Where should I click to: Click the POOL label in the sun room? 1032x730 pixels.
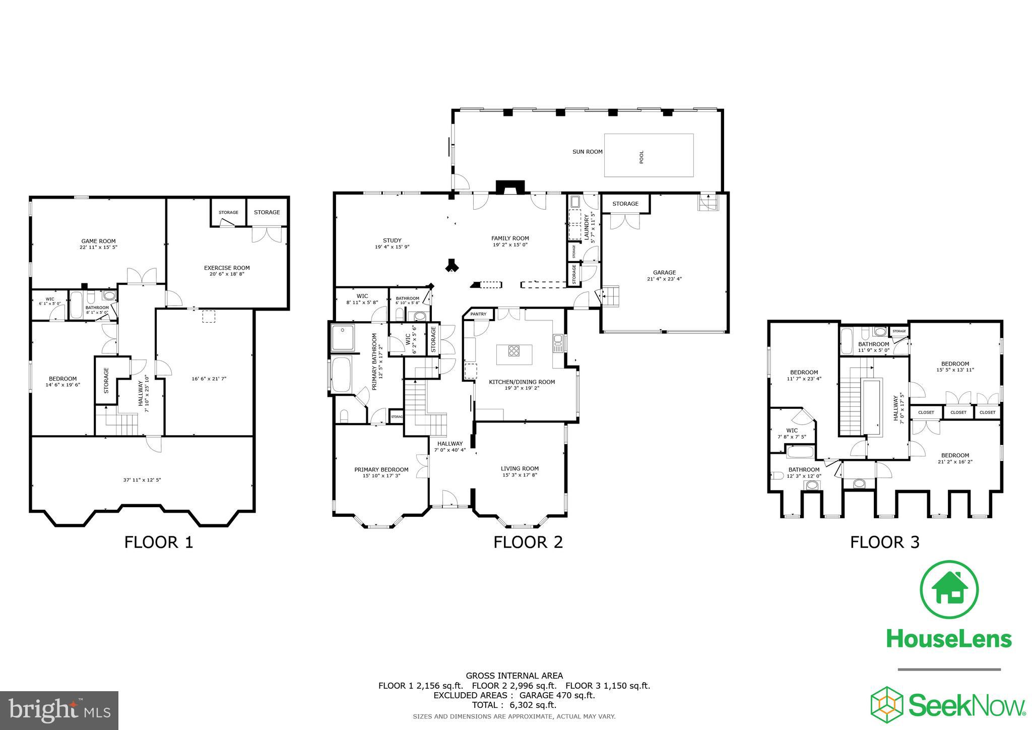tap(641, 157)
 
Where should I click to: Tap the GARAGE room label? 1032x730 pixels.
tap(664, 272)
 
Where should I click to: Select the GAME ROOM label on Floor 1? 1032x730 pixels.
tap(98, 241)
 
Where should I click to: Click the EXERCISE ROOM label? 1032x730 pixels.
tap(227, 268)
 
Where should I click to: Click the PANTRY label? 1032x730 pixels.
tap(478, 314)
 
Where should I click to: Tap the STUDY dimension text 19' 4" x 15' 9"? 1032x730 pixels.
tap(392, 247)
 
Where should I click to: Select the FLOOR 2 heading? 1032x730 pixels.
tap(528, 542)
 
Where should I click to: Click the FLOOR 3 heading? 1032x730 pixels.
tap(884, 542)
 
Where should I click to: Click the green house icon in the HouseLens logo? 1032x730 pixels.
tap(949, 589)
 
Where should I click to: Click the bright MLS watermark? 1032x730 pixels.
tap(59, 710)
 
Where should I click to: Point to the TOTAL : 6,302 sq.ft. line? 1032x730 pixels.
tap(514, 705)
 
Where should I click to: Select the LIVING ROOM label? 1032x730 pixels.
tap(520, 468)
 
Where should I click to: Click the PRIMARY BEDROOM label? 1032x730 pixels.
tap(381, 469)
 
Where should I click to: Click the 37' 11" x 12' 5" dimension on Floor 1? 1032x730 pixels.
tap(142, 480)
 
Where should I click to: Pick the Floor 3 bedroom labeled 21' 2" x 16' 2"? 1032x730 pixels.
tap(954, 458)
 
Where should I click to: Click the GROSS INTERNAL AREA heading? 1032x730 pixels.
tap(514, 676)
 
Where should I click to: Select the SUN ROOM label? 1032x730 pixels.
tap(587, 151)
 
